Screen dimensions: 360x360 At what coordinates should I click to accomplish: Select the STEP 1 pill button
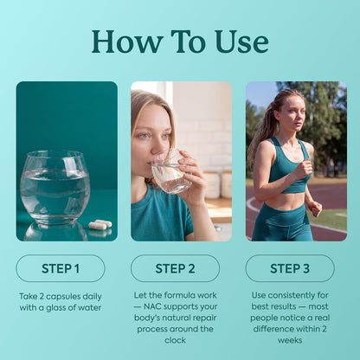61,268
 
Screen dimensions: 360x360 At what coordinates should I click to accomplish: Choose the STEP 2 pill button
175,268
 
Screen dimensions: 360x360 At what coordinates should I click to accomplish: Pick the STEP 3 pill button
290,268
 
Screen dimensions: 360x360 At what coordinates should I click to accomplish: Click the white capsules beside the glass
100,224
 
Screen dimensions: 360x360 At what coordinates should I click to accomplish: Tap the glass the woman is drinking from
170,173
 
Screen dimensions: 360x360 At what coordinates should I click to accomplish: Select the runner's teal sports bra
288,166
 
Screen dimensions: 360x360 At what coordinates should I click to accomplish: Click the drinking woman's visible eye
145,136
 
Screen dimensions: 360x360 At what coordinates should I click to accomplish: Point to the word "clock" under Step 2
175,340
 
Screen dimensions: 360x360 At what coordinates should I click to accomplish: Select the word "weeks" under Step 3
290,340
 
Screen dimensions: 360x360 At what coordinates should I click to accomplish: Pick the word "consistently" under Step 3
292,295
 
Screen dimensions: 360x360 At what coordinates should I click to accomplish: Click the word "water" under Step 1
89,308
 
